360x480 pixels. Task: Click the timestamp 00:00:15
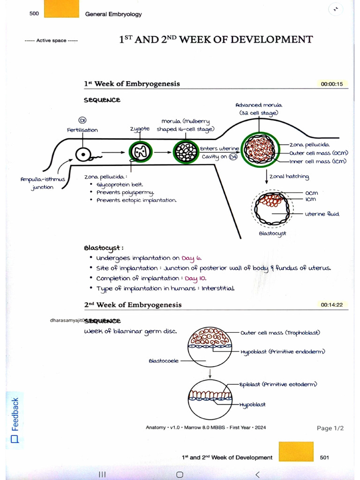[x=331, y=84]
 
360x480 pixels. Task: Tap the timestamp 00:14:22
[x=331, y=305]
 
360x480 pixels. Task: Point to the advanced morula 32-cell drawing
[x=260, y=149]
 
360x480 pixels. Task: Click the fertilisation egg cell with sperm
[x=84, y=154]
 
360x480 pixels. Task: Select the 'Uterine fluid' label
[x=322, y=214]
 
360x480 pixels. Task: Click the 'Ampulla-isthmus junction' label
[x=43, y=183]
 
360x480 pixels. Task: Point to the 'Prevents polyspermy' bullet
[x=125, y=193]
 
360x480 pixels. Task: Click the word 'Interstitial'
[x=218, y=288]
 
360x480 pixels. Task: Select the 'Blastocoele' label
[x=164, y=361]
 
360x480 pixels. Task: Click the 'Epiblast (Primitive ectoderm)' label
[x=278, y=384]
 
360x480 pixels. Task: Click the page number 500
[x=34, y=14]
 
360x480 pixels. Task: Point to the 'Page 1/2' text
[x=330, y=428]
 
